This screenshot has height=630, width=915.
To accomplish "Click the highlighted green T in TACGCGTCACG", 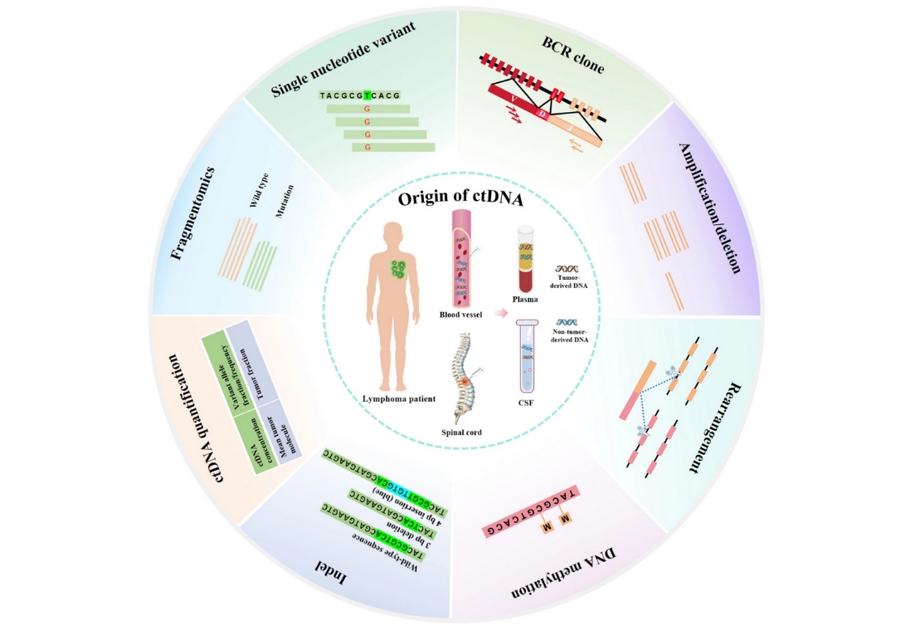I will pos(367,95).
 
